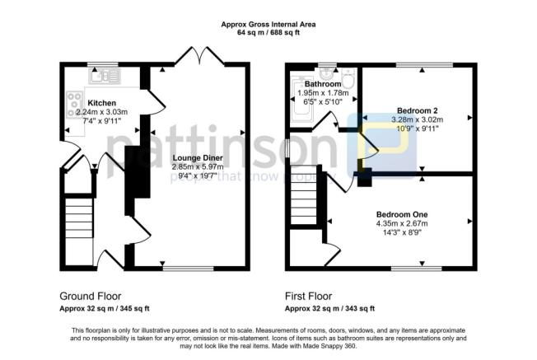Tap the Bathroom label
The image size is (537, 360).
click(324, 84)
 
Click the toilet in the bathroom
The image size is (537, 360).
click(348, 79)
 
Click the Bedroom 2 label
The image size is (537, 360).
click(417, 110)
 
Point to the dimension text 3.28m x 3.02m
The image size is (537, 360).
click(417, 119)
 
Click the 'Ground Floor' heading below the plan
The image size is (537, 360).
click(91, 296)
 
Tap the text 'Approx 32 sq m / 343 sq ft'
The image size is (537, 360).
click(329, 308)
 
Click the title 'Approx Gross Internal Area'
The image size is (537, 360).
click(268, 24)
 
